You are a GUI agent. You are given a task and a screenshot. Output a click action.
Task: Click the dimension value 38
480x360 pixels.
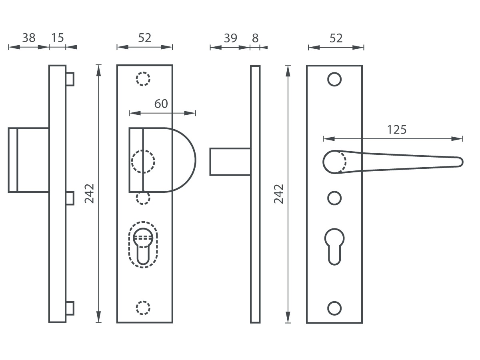point(28,38)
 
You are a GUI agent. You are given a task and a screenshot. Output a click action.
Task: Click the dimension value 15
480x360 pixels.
point(58,38)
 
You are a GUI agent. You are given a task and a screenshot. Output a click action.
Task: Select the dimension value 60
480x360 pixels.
point(161,104)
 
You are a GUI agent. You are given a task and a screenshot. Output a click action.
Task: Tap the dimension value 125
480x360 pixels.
point(396,130)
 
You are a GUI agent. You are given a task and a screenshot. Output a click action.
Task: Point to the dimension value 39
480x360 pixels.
point(230,38)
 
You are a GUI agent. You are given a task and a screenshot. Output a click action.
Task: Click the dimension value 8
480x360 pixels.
point(256,38)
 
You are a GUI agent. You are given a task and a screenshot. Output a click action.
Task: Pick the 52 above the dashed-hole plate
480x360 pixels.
point(144,38)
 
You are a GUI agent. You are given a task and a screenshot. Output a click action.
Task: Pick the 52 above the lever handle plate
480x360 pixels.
point(336,38)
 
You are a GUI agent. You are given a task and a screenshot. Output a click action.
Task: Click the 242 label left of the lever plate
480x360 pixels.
point(279,194)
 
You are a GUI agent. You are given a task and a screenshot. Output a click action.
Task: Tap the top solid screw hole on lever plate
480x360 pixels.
point(334,79)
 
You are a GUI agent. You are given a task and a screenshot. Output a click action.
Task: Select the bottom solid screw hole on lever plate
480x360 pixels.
point(334,308)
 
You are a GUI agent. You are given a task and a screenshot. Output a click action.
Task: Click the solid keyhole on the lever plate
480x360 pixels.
point(335,245)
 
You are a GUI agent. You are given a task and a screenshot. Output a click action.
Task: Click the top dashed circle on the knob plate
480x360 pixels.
point(143,79)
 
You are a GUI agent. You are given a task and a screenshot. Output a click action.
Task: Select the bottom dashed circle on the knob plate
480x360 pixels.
point(143,308)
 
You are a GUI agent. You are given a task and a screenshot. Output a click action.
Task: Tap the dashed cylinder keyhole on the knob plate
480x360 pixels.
point(143,244)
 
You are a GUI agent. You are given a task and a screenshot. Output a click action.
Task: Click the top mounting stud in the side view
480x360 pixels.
point(70,79)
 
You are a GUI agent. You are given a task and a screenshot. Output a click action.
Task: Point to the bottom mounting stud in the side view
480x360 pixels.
point(70,308)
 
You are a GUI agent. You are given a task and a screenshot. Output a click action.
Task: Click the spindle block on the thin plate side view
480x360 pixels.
point(230,162)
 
